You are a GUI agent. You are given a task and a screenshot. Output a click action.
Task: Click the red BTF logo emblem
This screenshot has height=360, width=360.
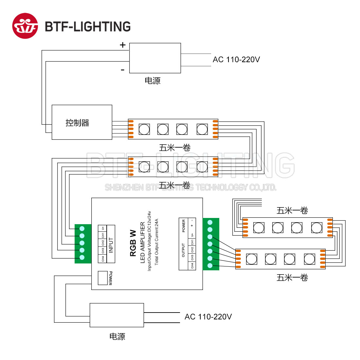click(25, 26)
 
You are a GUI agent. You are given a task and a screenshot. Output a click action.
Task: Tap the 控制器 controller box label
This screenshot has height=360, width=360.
click(77, 123)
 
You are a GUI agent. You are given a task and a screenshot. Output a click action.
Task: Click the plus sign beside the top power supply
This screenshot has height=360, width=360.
click(123, 45)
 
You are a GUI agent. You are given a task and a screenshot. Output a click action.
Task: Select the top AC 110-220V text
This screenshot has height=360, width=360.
click(236, 60)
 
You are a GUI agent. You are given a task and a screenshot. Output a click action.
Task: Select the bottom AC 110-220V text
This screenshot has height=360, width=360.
click(208, 317)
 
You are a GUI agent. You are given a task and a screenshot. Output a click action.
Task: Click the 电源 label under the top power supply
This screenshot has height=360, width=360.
click(153, 81)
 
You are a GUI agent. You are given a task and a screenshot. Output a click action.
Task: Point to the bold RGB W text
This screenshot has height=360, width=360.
click(133, 243)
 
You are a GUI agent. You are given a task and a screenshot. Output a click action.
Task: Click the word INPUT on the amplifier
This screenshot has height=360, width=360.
click(111, 245)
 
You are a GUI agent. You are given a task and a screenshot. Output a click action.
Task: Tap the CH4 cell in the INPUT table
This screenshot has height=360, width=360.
click(103, 259)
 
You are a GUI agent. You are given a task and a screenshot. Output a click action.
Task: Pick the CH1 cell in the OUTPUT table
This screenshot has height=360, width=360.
click(192, 242)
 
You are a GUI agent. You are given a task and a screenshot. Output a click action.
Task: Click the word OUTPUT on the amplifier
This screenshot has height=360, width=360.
click(183, 250)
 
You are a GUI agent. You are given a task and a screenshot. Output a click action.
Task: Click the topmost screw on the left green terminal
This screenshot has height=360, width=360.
click(82, 228)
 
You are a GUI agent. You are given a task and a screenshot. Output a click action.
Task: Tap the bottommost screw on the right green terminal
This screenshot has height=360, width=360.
click(210, 266)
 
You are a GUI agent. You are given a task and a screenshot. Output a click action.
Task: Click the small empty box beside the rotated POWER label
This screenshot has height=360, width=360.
click(103, 278)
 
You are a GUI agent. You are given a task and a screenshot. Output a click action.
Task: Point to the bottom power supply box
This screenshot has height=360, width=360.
click(117, 315)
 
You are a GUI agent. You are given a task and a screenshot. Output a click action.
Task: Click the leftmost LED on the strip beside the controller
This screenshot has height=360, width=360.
click(144, 129)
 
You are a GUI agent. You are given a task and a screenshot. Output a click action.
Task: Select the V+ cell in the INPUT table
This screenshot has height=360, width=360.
click(103, 228)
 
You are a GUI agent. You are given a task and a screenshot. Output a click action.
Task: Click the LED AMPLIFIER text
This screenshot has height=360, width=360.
click(142, 243)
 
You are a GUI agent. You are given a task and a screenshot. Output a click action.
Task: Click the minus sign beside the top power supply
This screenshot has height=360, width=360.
click(123, 70)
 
